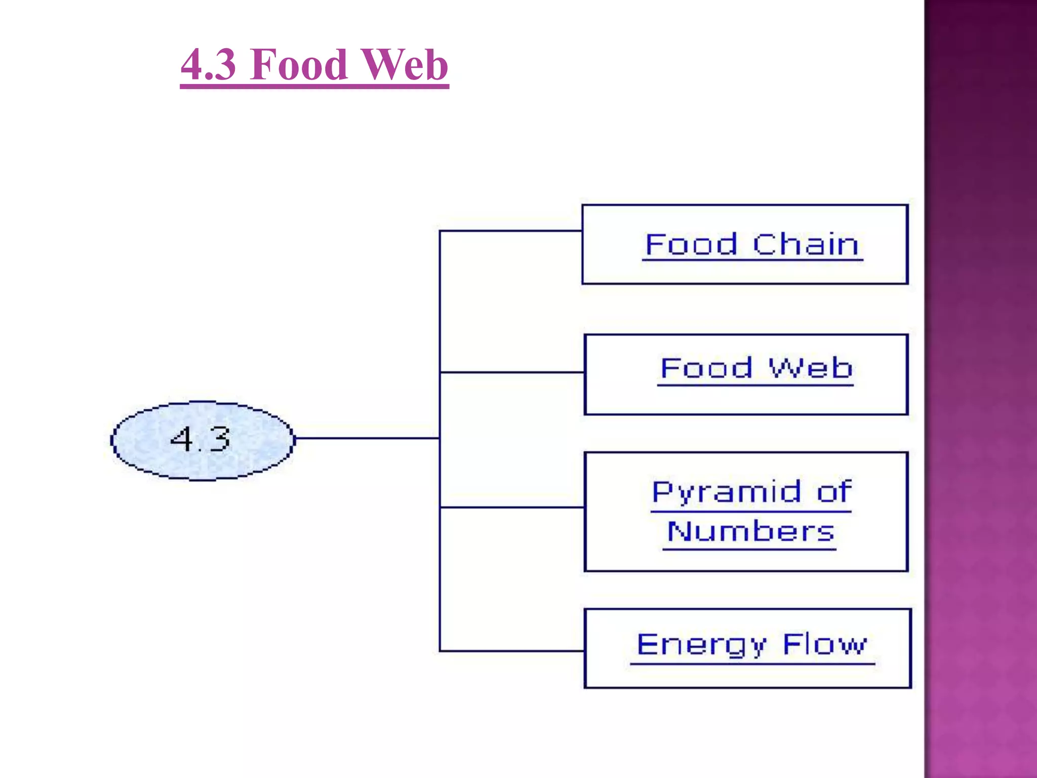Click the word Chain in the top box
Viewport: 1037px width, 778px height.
[x=806, y=245]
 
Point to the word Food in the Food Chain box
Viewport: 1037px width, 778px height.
[x=691, y=245]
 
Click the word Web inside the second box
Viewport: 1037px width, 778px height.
[x=811, y=368]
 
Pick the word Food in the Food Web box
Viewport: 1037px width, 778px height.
[x=706, y=368]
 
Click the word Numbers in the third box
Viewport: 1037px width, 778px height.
[x=750, y=532]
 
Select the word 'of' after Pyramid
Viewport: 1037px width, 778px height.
[x=834, y=492]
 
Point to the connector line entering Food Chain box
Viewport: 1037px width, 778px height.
[x=511, y=231]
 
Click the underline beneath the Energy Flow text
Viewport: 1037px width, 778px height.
[x=752, y=664]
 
